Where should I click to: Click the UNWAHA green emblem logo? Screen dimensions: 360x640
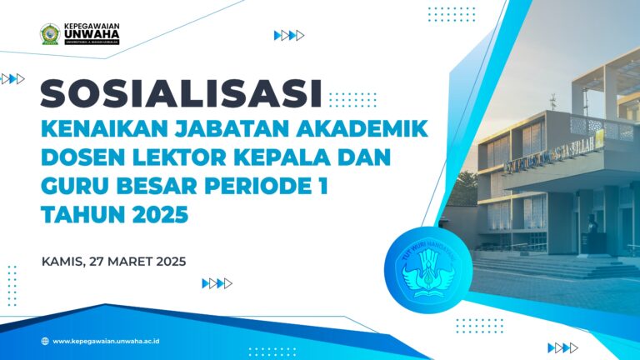tap(49, 34)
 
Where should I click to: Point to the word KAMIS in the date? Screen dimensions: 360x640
tap(63, 261)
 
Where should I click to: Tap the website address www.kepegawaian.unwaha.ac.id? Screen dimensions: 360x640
tap(106, 341)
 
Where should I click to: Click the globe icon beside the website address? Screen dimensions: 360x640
tap(44, 341)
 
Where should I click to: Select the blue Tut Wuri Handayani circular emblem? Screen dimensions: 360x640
tap(422, 268)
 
